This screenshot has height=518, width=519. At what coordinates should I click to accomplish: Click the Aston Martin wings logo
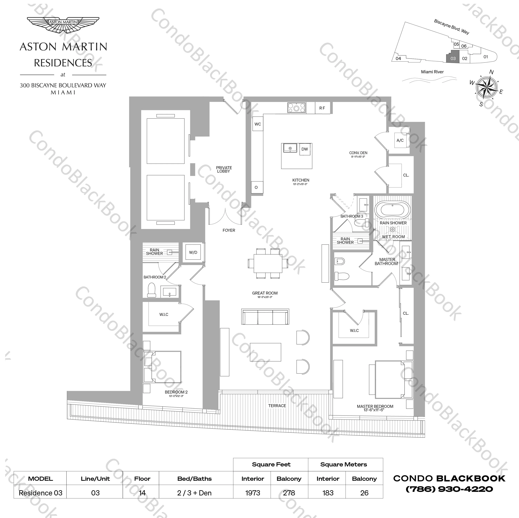(x=63, y=26)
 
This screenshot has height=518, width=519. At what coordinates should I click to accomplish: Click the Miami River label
(x=432, y=72)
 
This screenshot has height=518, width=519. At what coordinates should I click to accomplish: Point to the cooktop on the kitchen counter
(x=297, y=108)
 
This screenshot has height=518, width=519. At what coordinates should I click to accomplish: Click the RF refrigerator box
(x=322, y=108)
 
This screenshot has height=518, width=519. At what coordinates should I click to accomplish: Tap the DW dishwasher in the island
(x=305, y=149)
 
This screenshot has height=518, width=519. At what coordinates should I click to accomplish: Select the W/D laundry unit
(x=193, y=252)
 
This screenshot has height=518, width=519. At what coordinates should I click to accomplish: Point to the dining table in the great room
(x=268, y=263)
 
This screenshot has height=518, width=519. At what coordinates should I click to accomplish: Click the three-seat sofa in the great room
(x=265, y=317)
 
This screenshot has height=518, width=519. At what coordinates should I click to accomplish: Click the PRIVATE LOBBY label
(x=224, y=169)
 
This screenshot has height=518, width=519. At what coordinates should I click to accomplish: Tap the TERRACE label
(x=277, y=406)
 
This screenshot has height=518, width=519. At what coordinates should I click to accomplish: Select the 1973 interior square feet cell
(x=253, y=493)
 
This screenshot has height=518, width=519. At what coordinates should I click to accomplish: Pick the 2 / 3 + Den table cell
(x=195, y=493)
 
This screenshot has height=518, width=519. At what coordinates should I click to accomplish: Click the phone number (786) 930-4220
(x=449, y=489)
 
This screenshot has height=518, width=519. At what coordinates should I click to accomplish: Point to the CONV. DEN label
(x=358, y=153)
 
